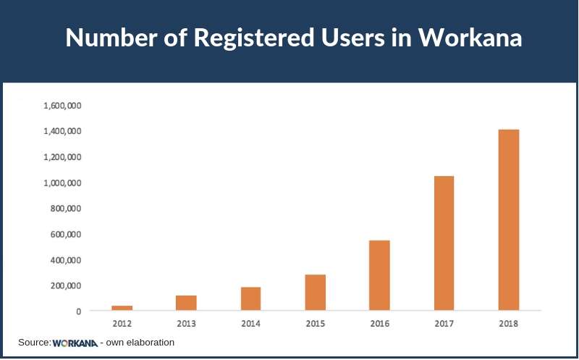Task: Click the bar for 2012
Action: tap(122, 308)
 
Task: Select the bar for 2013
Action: tap(186, 303)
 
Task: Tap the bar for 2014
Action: tap(250, 298)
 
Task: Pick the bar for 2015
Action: tap(315, 293)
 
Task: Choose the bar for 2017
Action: tap(444, 243)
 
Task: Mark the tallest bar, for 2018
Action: tap(508, 220)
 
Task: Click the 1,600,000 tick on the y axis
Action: tap(62, 106)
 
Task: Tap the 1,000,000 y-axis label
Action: tap(62, 183)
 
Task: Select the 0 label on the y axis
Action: tap(77, 311)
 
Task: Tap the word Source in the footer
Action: tap(34, 342)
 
